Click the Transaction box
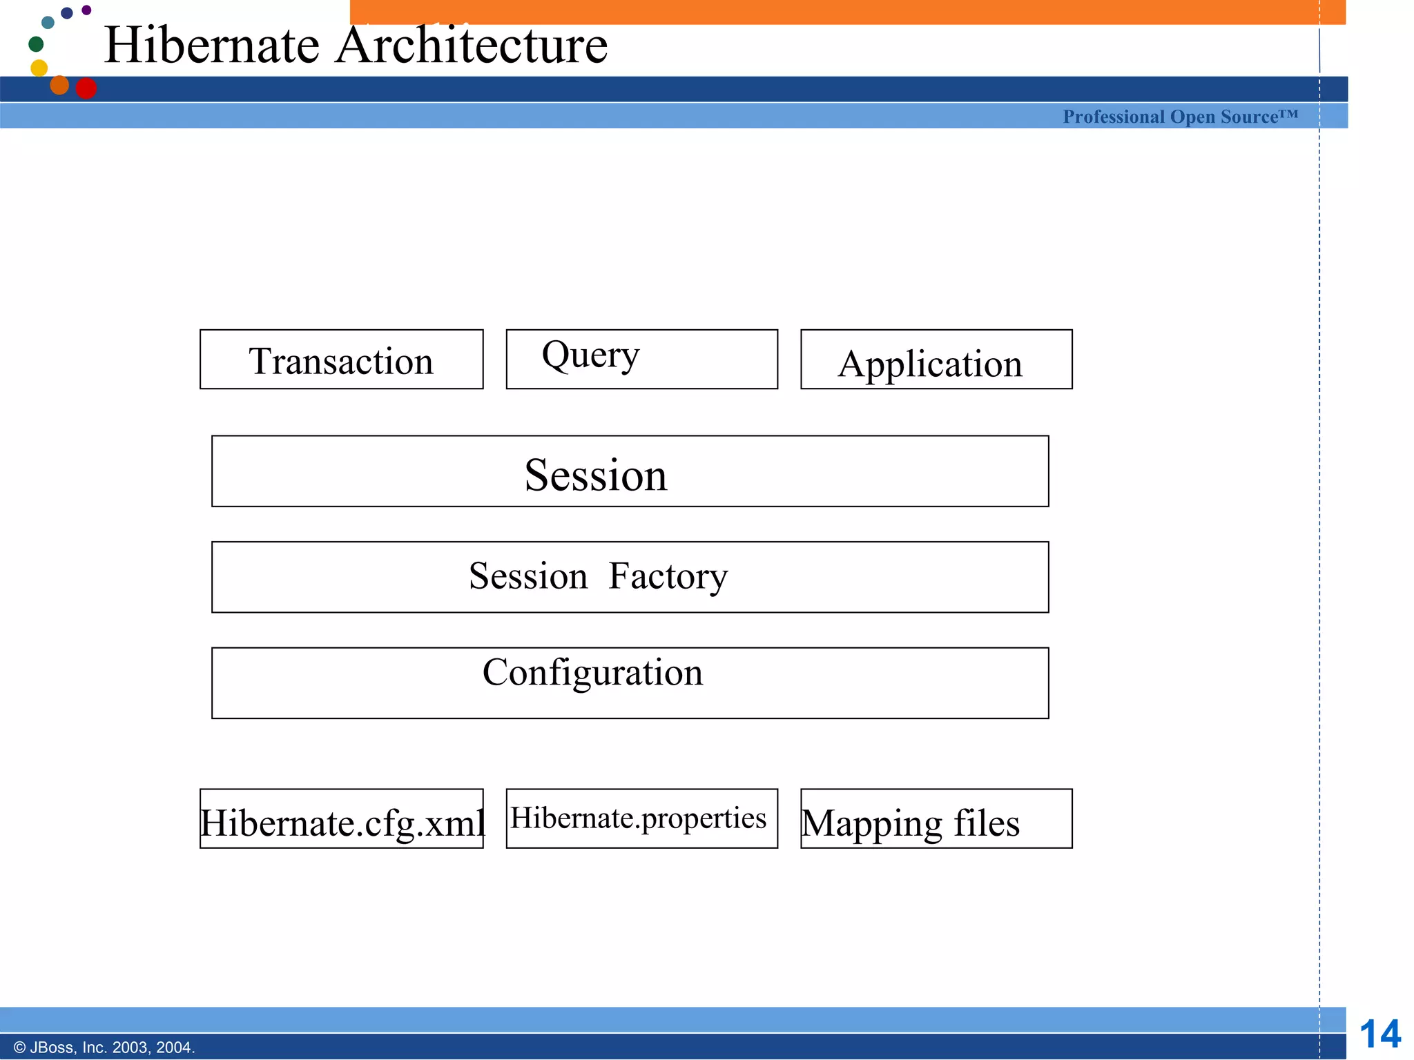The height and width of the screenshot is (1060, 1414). [341, 360]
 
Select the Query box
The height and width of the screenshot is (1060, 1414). [641, 359]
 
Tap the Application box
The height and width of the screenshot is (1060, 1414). [936, 360]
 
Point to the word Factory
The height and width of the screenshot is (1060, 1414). [668, 576]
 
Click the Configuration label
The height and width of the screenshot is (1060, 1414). [592, 672]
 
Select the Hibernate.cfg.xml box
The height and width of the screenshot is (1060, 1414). [341, 819]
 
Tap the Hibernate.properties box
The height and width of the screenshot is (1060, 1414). [641, 818]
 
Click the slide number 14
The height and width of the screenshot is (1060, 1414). [1379, 1034]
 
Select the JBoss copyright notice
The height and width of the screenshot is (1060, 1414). [104, 1048]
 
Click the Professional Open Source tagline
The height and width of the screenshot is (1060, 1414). [1180, 117]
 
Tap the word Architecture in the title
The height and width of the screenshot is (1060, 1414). [471, 46]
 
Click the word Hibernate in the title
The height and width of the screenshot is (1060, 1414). [212, 46]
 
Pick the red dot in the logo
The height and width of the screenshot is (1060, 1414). [86, 88]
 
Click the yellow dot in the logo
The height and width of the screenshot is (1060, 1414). [39, 68]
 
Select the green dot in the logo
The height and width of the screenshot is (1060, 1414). [36, 44]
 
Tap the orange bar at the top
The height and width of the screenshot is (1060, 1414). [847, 12]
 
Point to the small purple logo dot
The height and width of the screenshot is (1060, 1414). [86, 10]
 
